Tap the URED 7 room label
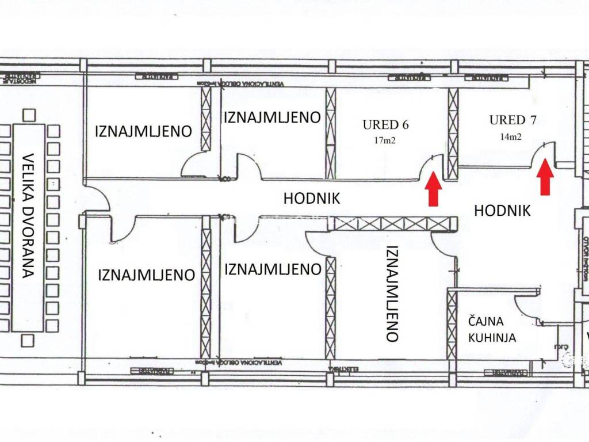coord(515,120)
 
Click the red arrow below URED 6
coord(434,190)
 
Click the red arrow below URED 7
coord(545,179)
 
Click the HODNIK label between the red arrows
coord(502,211)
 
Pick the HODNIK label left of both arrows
coord(312,199)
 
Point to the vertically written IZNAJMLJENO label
coord(392,294)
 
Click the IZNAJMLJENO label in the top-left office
coord(143,131)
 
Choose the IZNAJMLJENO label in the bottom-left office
coord(146,275)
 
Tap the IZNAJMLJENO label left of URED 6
coord(271,118)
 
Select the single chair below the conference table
coord(27,341)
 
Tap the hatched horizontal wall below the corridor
coord(392,223)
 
